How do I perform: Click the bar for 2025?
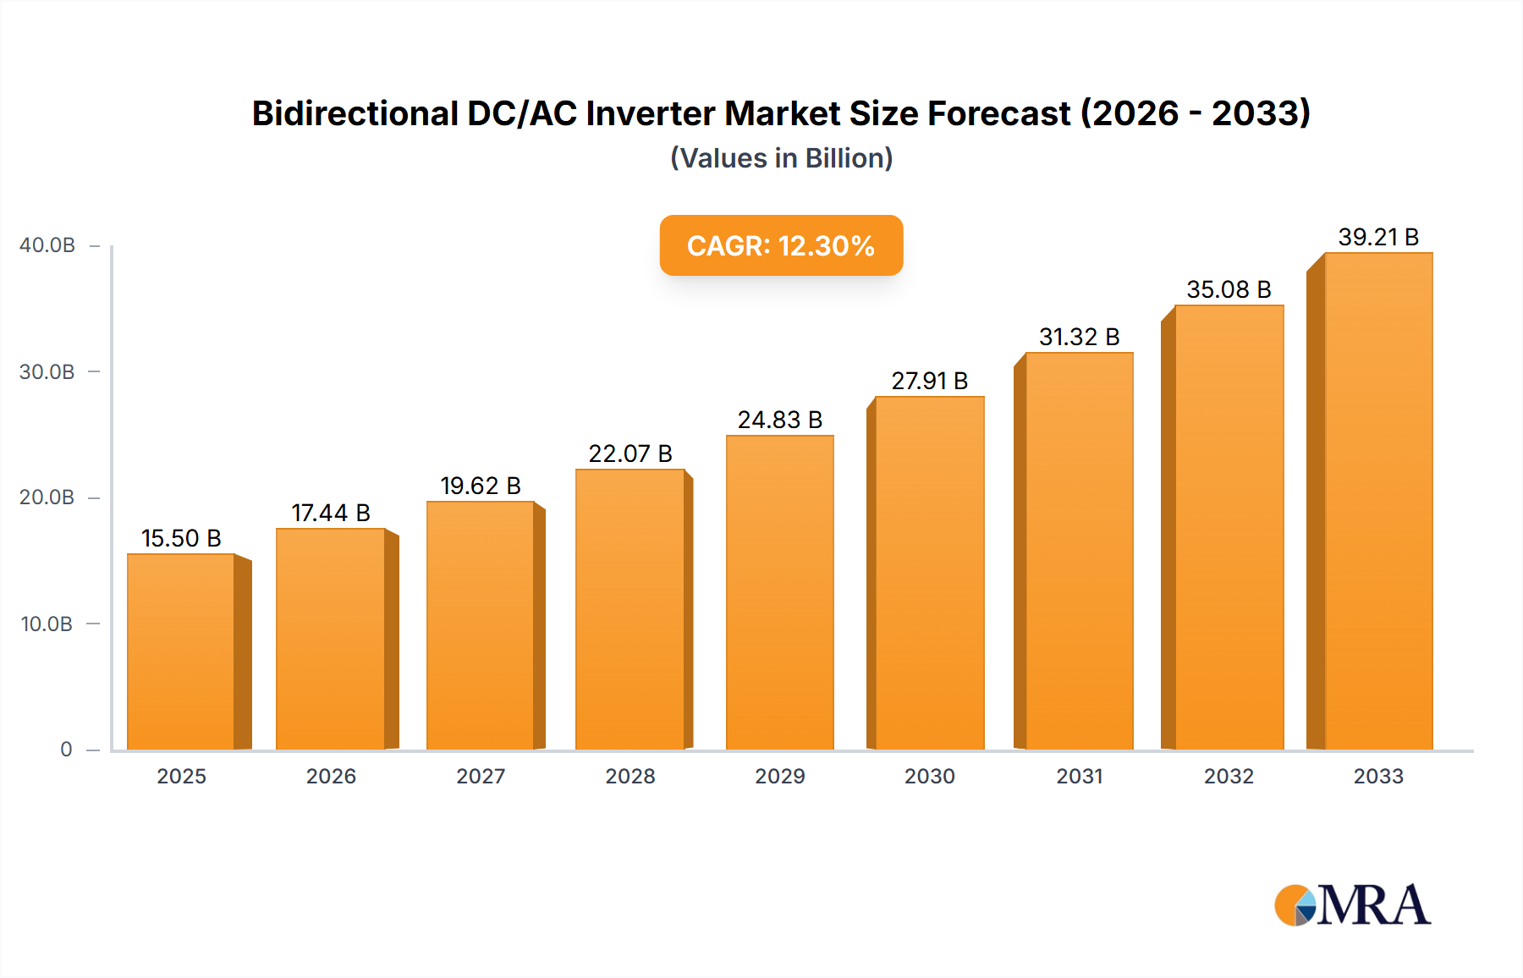coord(181,651)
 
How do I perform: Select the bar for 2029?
coord(779,592)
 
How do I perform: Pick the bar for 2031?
coord(1079,551)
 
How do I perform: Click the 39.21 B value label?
coord(1378,237)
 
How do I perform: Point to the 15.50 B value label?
coord(181,538)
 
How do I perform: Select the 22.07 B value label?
coord(630,453)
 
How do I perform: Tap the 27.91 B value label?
coord(929,381)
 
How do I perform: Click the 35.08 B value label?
coord(1229,289)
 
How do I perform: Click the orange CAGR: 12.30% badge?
coord(781,245)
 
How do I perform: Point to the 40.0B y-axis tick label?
coord(47,245)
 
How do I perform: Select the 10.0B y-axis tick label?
coord(47,624)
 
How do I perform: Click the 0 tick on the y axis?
coord(66,750)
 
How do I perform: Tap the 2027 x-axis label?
coord(481,776)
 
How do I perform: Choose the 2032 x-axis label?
coord(1229,776)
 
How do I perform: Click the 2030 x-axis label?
coord(929,776)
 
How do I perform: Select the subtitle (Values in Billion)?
coord(781,158)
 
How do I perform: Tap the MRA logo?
coord(1352,905)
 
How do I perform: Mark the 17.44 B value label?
coord(331,513)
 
